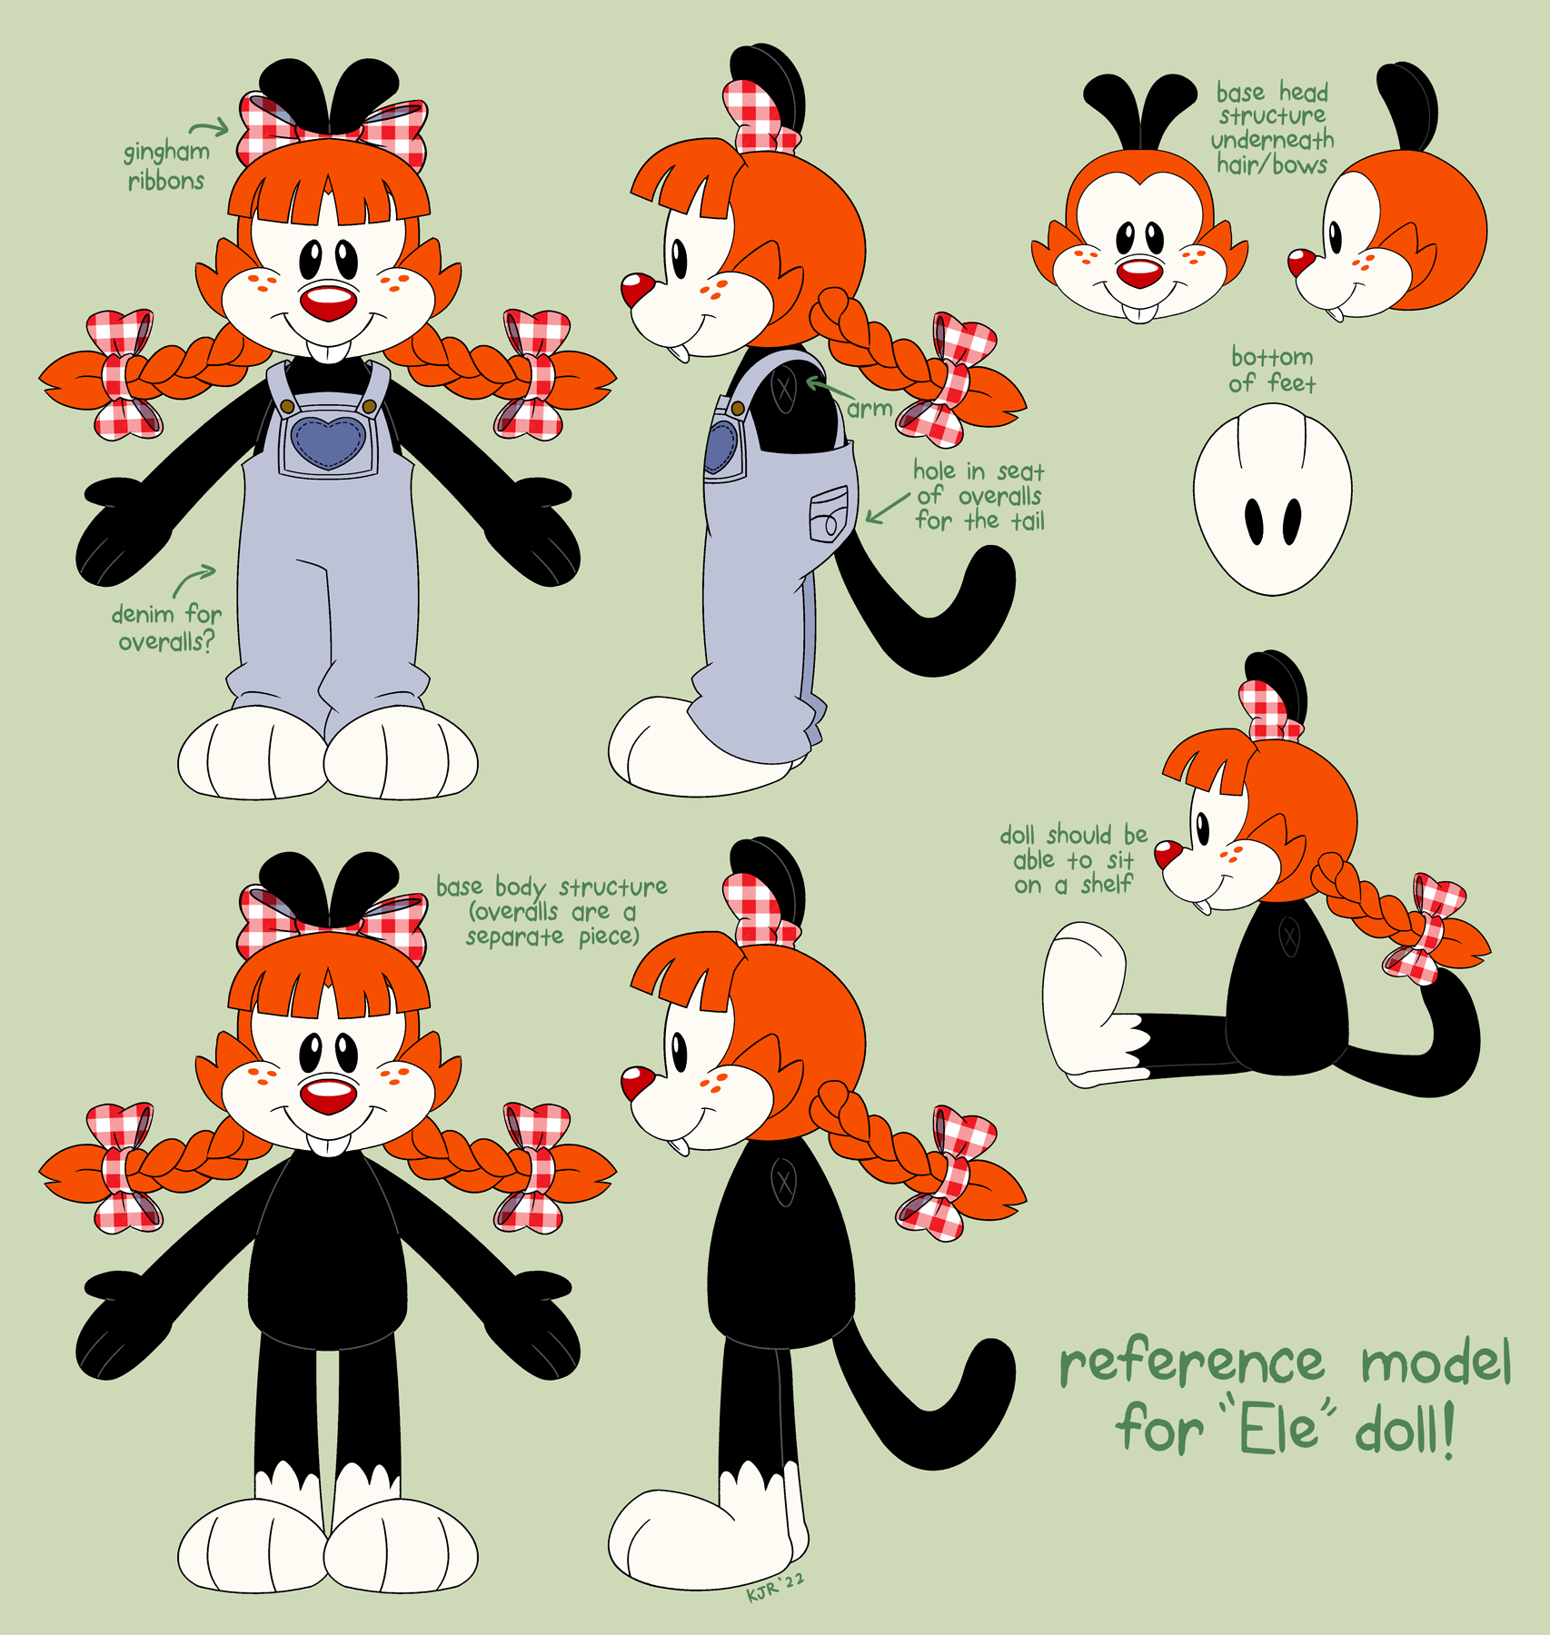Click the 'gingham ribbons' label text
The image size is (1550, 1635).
pyautogui.click(x=166, y=165)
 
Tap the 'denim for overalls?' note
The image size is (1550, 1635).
pyautogui.click(x=166, y=628)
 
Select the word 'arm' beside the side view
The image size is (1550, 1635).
pyautogui.click(x=869, y=409)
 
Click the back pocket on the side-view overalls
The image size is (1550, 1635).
pyautogui.click(x=829, y=514)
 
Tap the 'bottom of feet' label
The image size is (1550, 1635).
pyautogui.click(x=1272, y=370)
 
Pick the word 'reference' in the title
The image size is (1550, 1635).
pyautogui.click(x=1192, y=1363)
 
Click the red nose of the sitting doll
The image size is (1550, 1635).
pyautogui.click(x=1167, y=854)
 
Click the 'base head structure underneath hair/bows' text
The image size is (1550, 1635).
pyautogui.click(x=1272, y=129)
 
